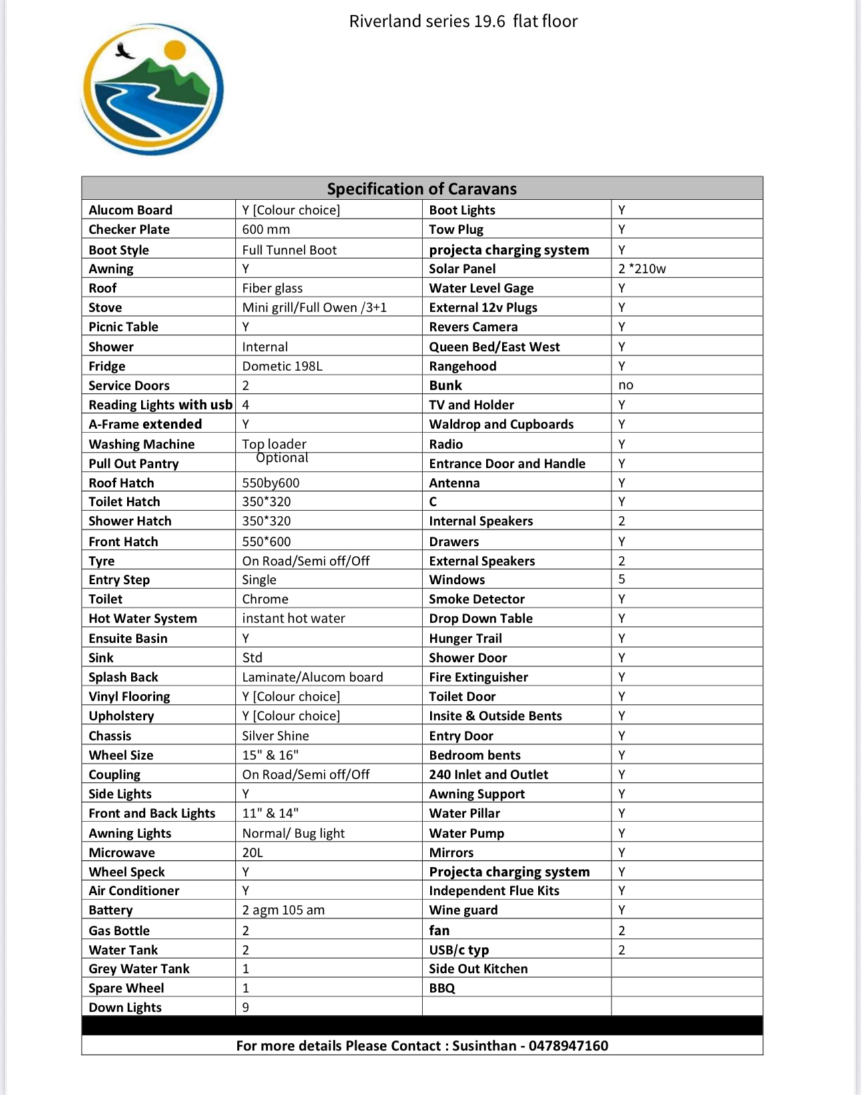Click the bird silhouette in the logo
pos(123,51)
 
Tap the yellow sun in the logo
pos(174,49)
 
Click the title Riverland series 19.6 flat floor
pos(463,21)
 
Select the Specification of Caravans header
pos(421,189)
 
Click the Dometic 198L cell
pos(282,366)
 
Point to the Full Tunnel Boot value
pos(289,250)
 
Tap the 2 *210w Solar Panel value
pos(641,269)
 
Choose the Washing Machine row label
pos(141,444)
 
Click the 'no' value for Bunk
pos(625,385)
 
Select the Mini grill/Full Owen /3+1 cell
pos(314,308)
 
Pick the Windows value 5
pos(621,579)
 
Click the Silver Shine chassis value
pos(275,736)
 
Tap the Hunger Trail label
pos(465,639)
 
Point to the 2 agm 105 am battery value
pos(283,910)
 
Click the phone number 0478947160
pos(568,1046)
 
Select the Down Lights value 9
pos(246,1008)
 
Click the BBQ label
pos(442,988)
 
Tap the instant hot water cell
pos(293,619)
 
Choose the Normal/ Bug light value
pos(293,833)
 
